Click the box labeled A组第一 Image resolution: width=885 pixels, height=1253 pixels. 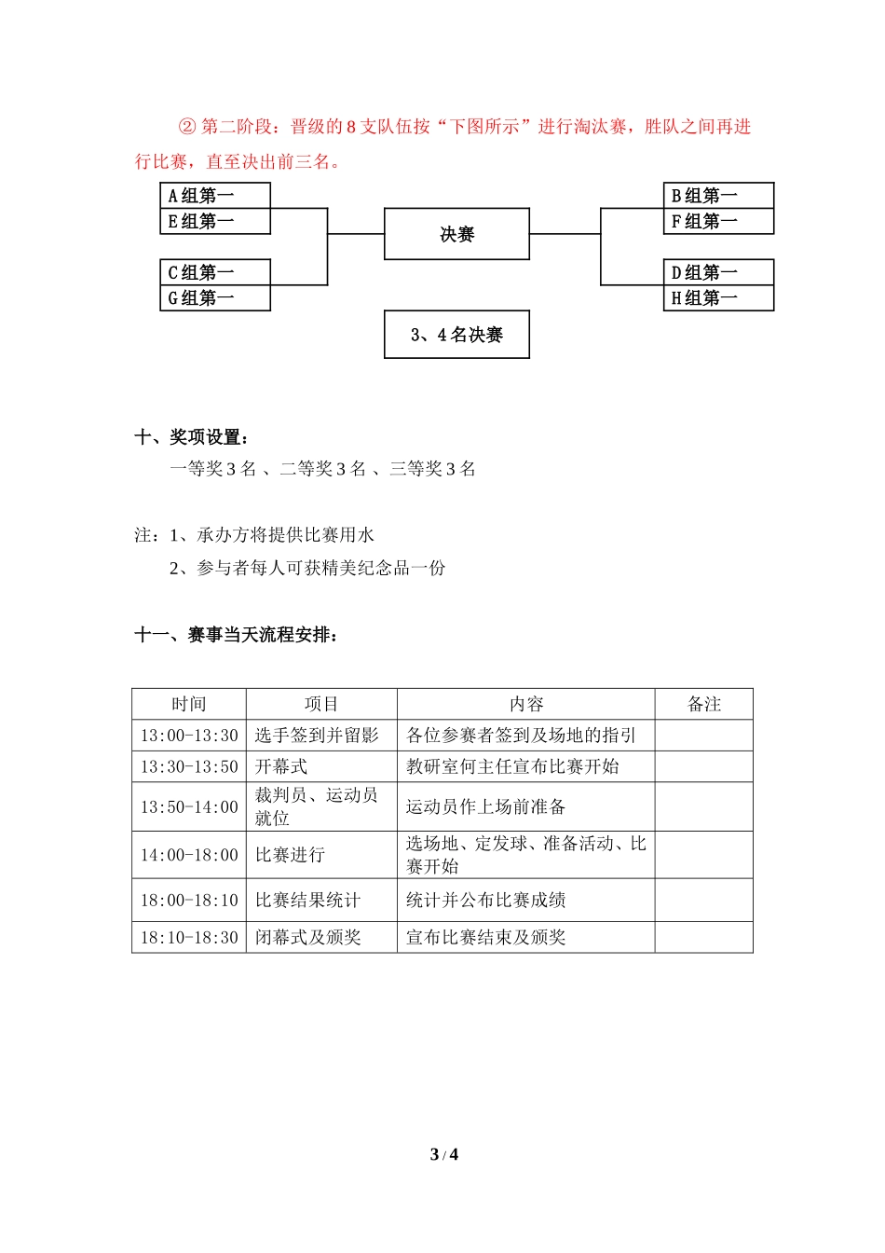coord(215,195)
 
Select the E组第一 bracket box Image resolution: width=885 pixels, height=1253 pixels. coord(215,221)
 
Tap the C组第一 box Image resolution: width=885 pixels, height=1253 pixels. coord(215,272)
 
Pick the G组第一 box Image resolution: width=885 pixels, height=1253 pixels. coord(215,298)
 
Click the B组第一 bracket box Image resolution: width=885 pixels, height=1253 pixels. coord(718,195)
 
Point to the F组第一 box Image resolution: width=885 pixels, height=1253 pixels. coord(718,221)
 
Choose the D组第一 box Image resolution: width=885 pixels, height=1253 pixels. coord(718,272)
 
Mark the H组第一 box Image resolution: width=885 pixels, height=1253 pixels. coord(718,298)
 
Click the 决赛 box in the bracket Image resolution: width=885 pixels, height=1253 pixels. coord(456,234)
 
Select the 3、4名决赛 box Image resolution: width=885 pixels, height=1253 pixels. coord(456,335)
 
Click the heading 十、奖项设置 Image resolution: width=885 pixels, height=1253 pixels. coord(192,436)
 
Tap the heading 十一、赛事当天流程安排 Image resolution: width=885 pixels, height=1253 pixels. coord(237,635)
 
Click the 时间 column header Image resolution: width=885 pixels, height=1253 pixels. coord(189,704)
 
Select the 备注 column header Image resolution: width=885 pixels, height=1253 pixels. coord(704,704)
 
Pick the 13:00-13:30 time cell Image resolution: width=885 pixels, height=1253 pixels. coord(189,736)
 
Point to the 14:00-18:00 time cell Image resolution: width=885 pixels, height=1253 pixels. coord(189,855)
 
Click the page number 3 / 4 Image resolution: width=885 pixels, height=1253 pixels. coord(443,1154)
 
